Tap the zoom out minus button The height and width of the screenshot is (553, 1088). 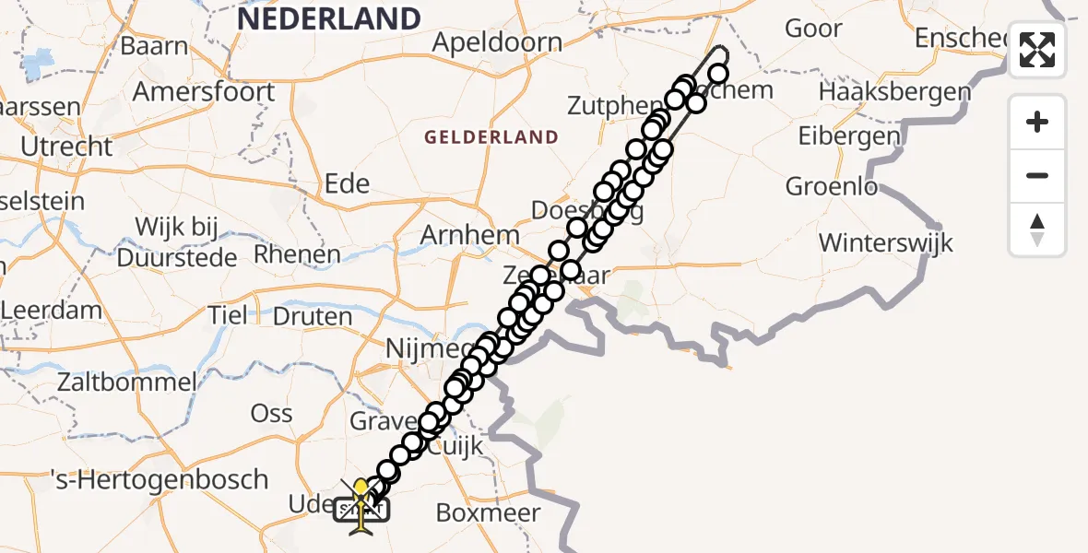coord(1037,175)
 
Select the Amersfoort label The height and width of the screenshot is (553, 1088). coord(203,92)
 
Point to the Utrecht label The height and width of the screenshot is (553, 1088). coord(68,147)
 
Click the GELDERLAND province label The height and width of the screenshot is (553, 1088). coord(491,137)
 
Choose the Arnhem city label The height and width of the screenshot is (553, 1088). coord(469,235)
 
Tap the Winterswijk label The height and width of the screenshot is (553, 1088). coord(885,243)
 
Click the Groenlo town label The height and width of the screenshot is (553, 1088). coord(832,186)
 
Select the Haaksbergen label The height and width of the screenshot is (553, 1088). coord(894,92)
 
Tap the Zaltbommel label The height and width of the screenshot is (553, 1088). coord(125,382)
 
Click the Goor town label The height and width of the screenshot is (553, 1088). coord(813,29)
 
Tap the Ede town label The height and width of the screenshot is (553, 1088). coord(348,183)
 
